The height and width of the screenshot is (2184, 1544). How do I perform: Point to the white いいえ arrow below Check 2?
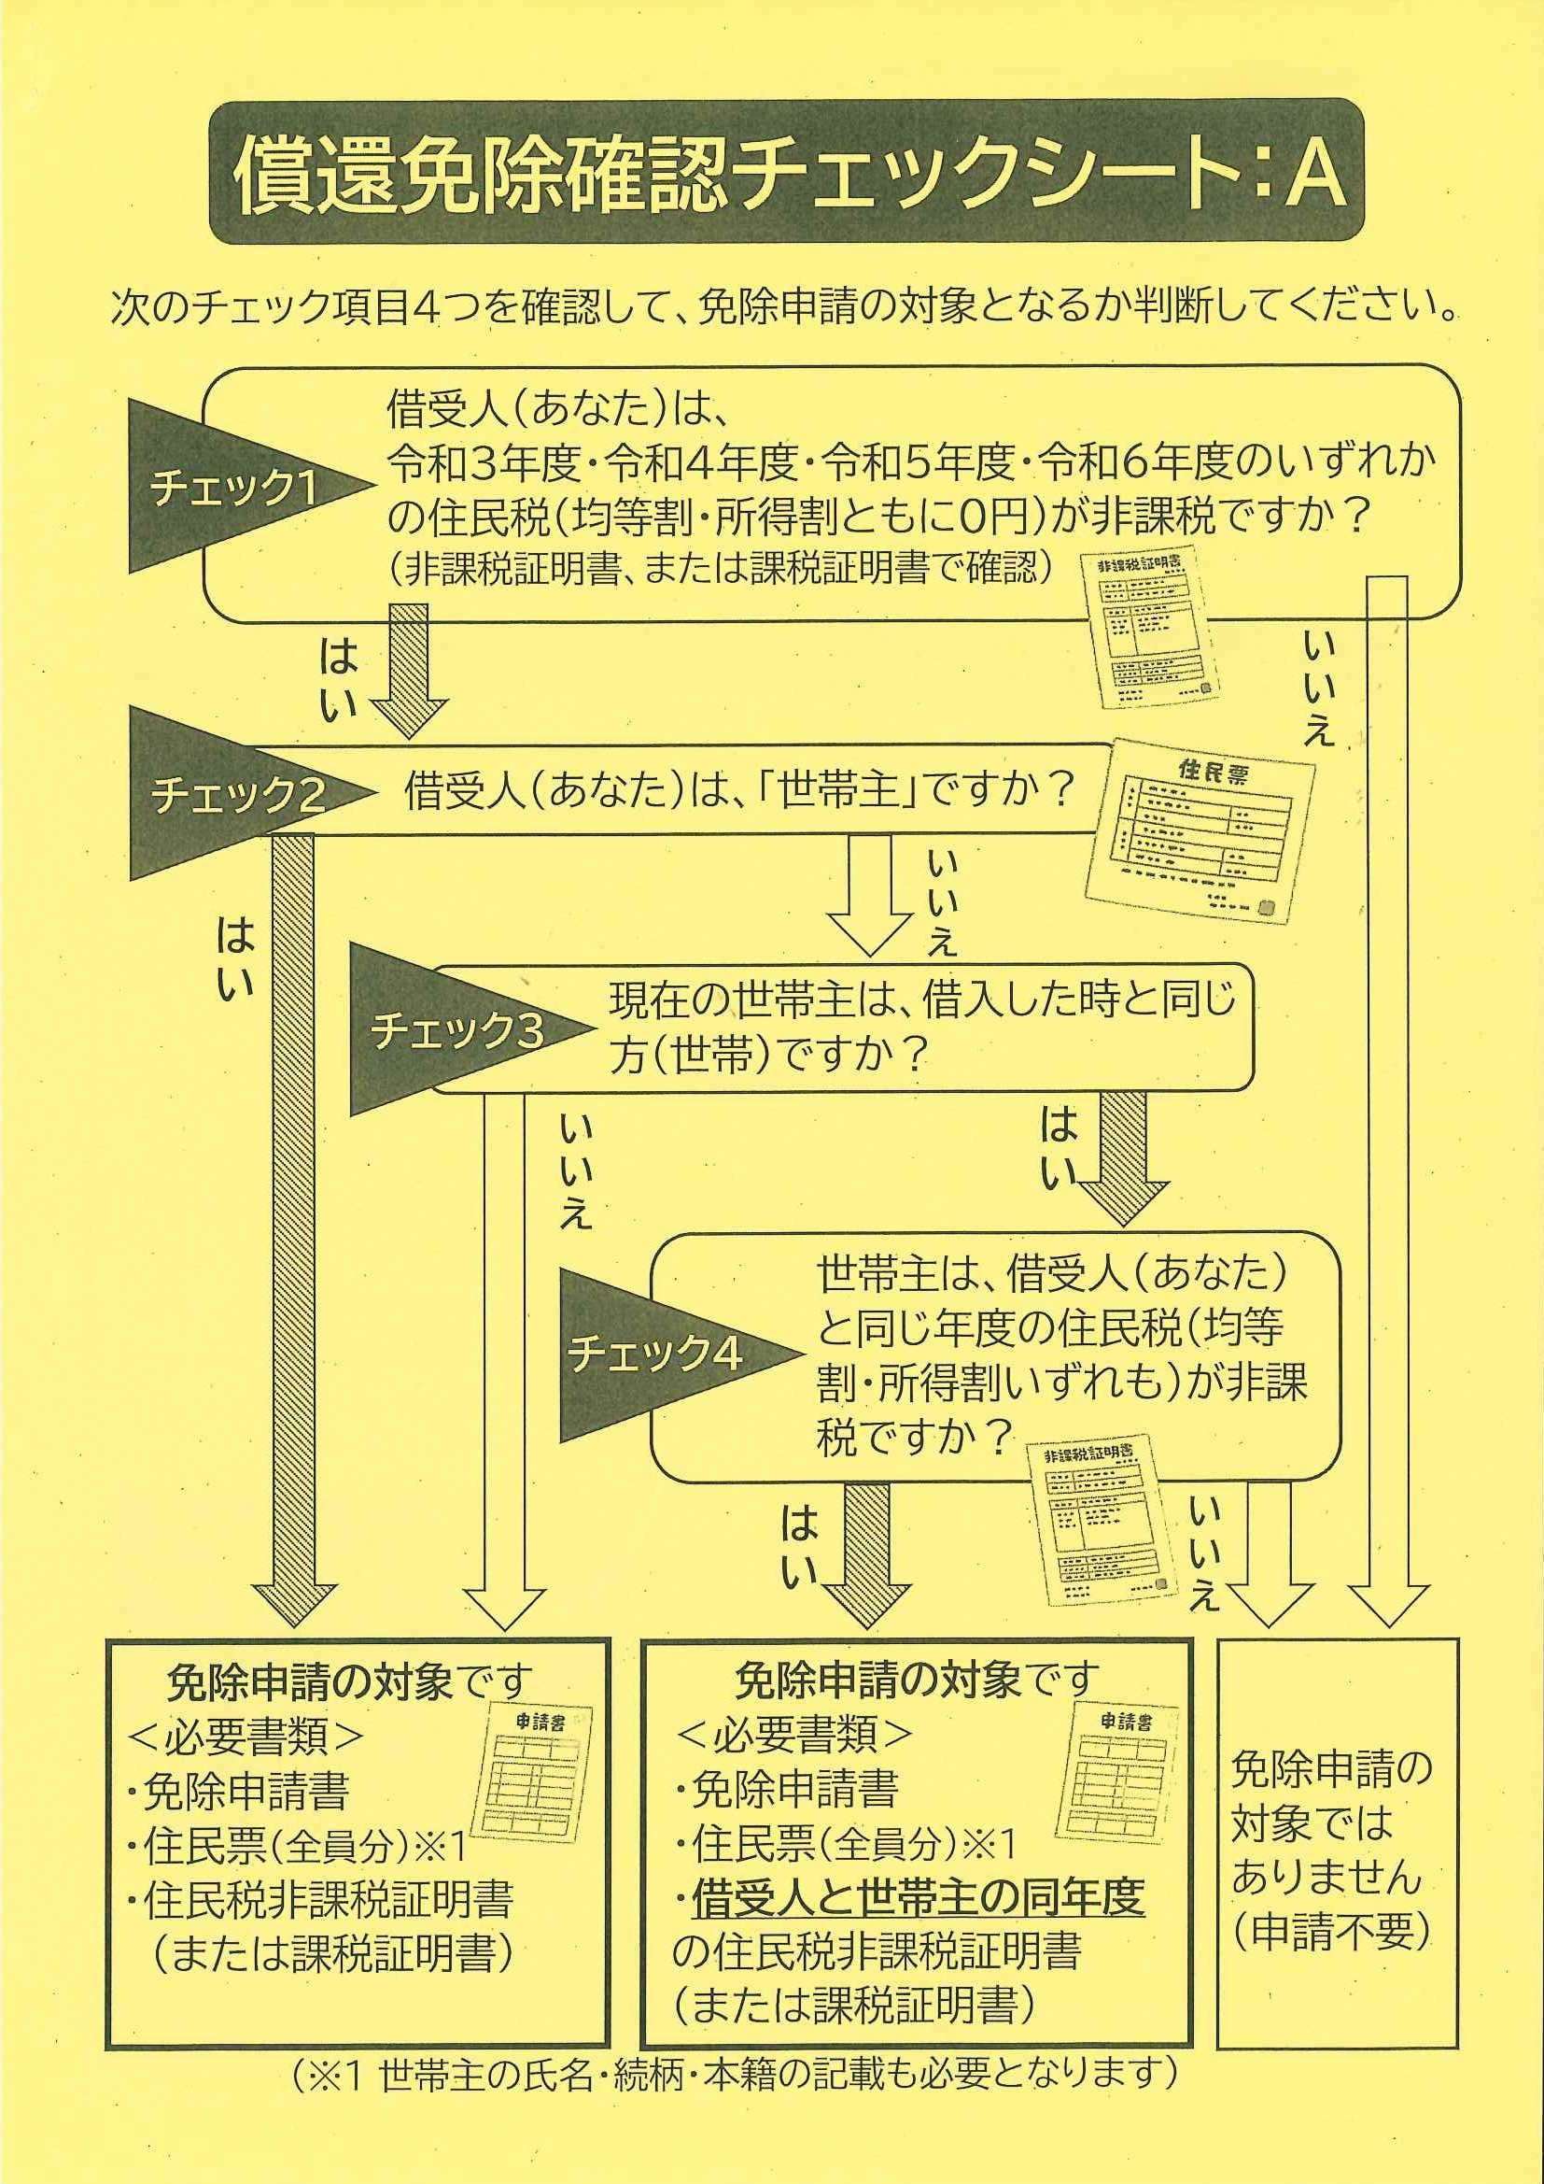pos(870,895)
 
